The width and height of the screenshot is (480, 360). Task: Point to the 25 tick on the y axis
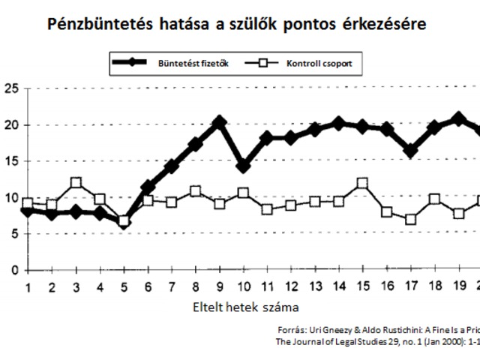click(10, 88)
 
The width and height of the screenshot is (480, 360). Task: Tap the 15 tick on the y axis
click(10, 161)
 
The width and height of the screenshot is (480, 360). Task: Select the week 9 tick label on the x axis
click(220, 288)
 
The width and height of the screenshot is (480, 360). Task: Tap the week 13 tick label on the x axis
click(316, 288)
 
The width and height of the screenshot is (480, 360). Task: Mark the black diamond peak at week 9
click(219, 121)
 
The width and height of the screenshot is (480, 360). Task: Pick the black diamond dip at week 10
click(243, 165)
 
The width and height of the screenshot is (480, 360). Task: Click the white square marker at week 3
click(76, 183)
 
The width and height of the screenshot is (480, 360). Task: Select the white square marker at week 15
click(363, 183)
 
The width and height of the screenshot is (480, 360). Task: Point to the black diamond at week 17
click(410, 151)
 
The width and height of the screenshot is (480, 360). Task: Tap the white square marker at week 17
click(410, 219)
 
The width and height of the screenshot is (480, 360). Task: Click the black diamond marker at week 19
click(458, 118)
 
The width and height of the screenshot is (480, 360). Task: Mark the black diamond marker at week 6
click(148, 187)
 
